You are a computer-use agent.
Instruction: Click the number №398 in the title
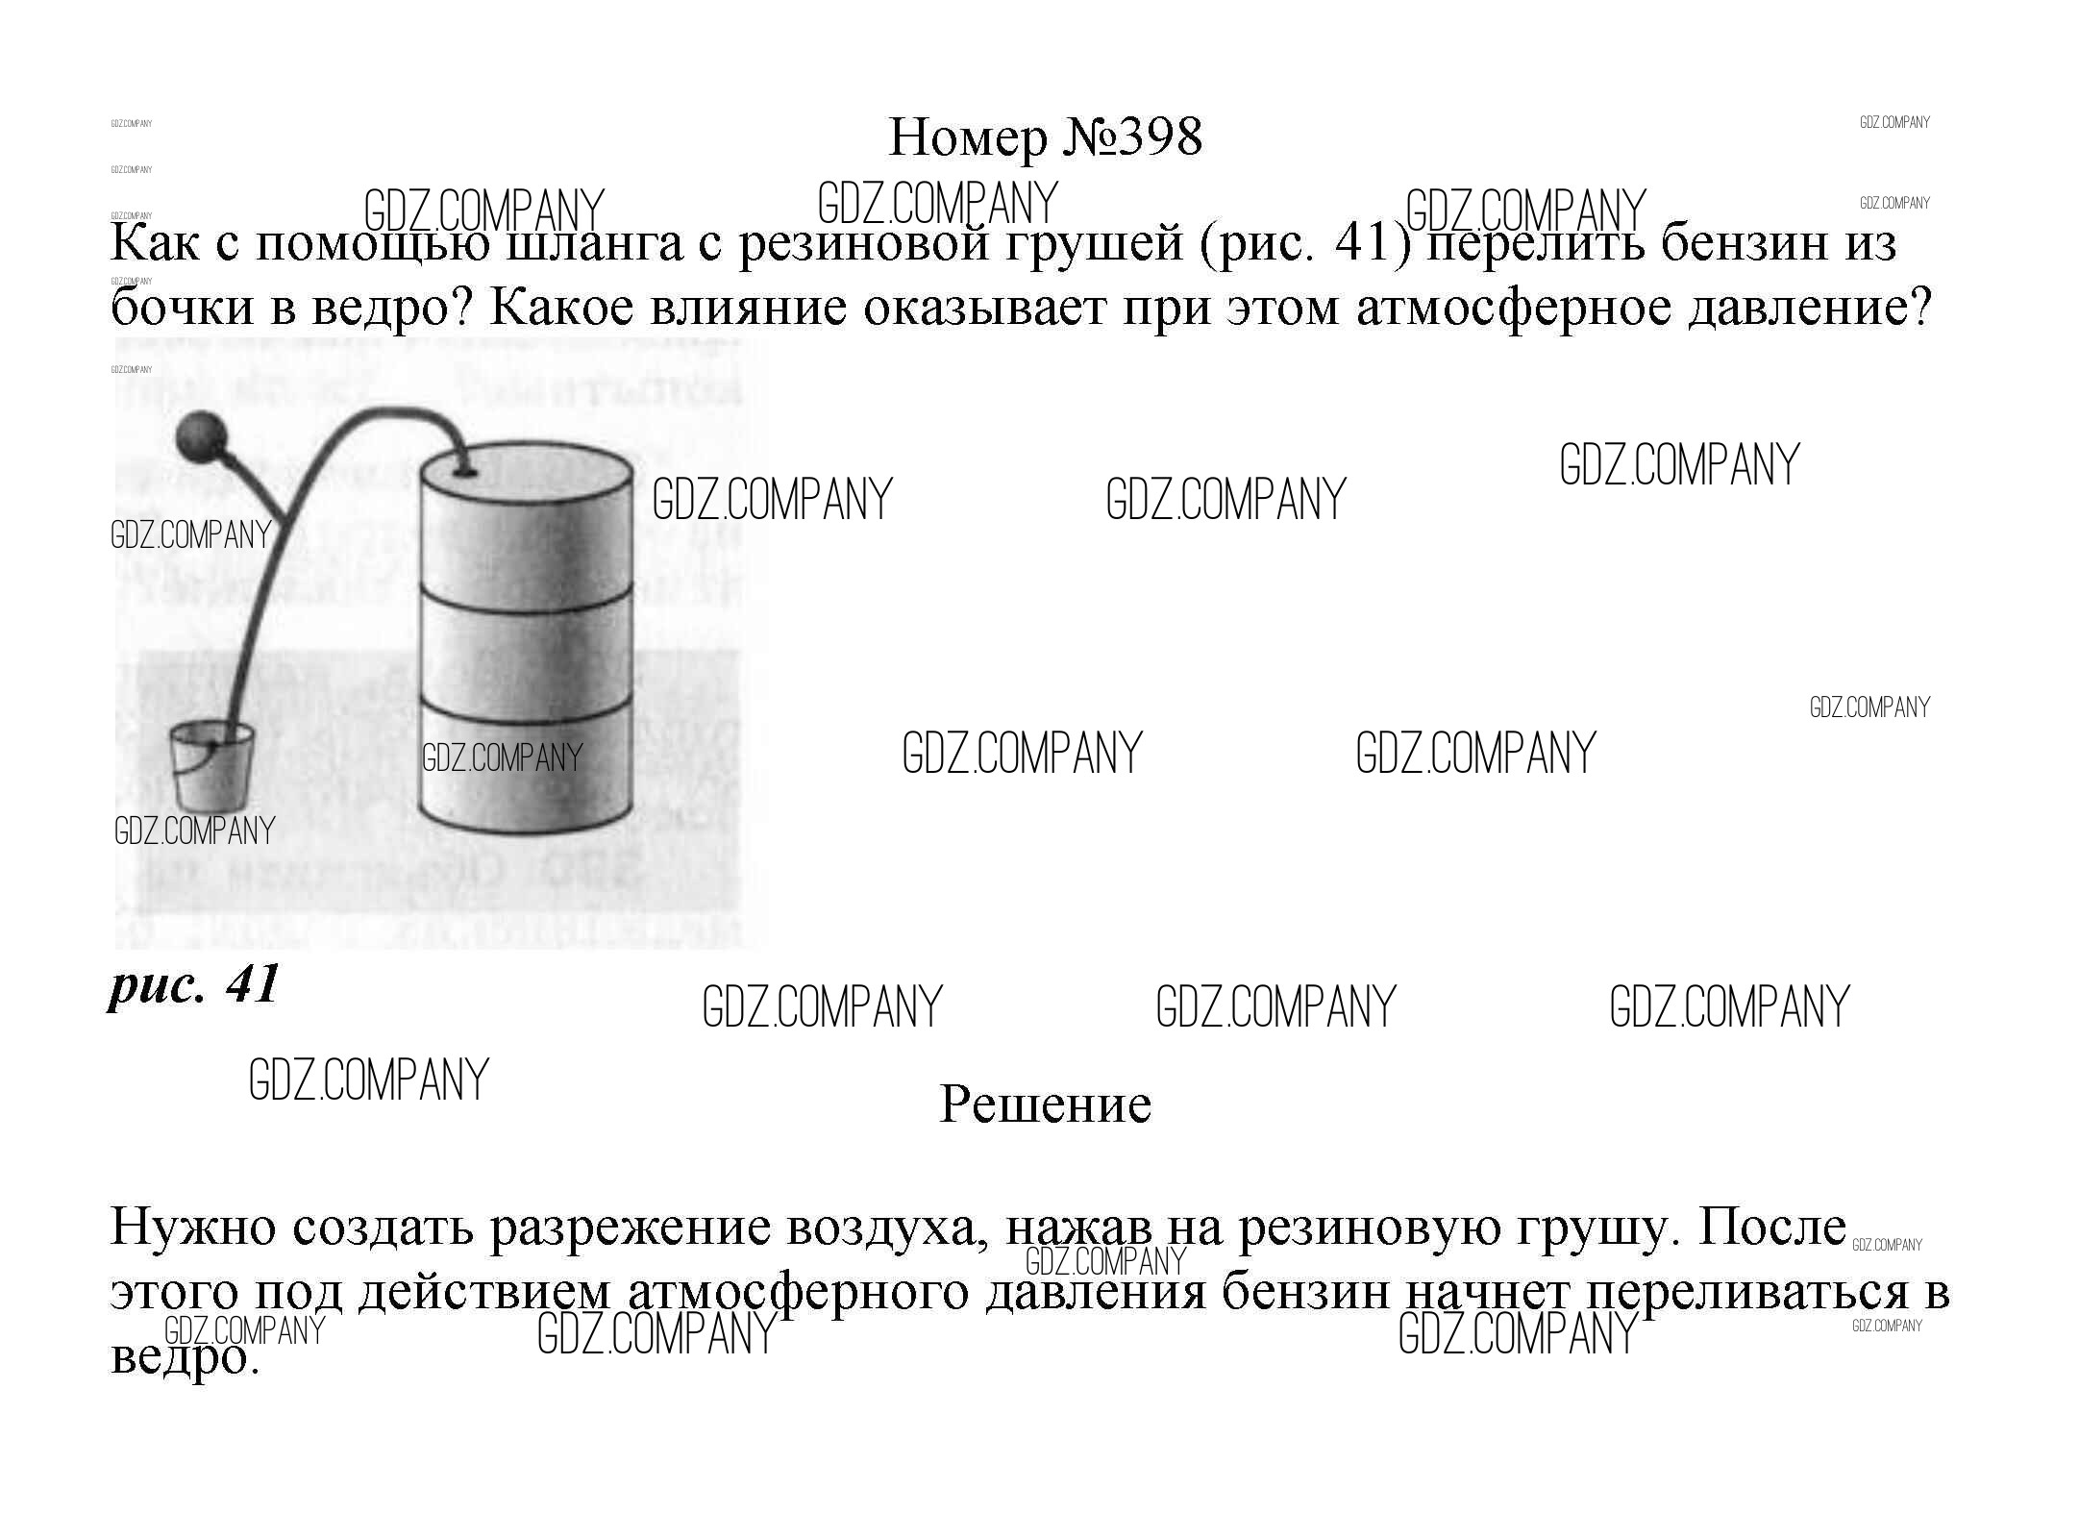coord(1132,137)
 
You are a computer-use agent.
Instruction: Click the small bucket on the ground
coord(210,768)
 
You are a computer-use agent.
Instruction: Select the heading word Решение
coord(1045,1104)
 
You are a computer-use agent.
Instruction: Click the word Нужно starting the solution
coord(193,1228)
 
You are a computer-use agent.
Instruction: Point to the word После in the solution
coord(1771,1228)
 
